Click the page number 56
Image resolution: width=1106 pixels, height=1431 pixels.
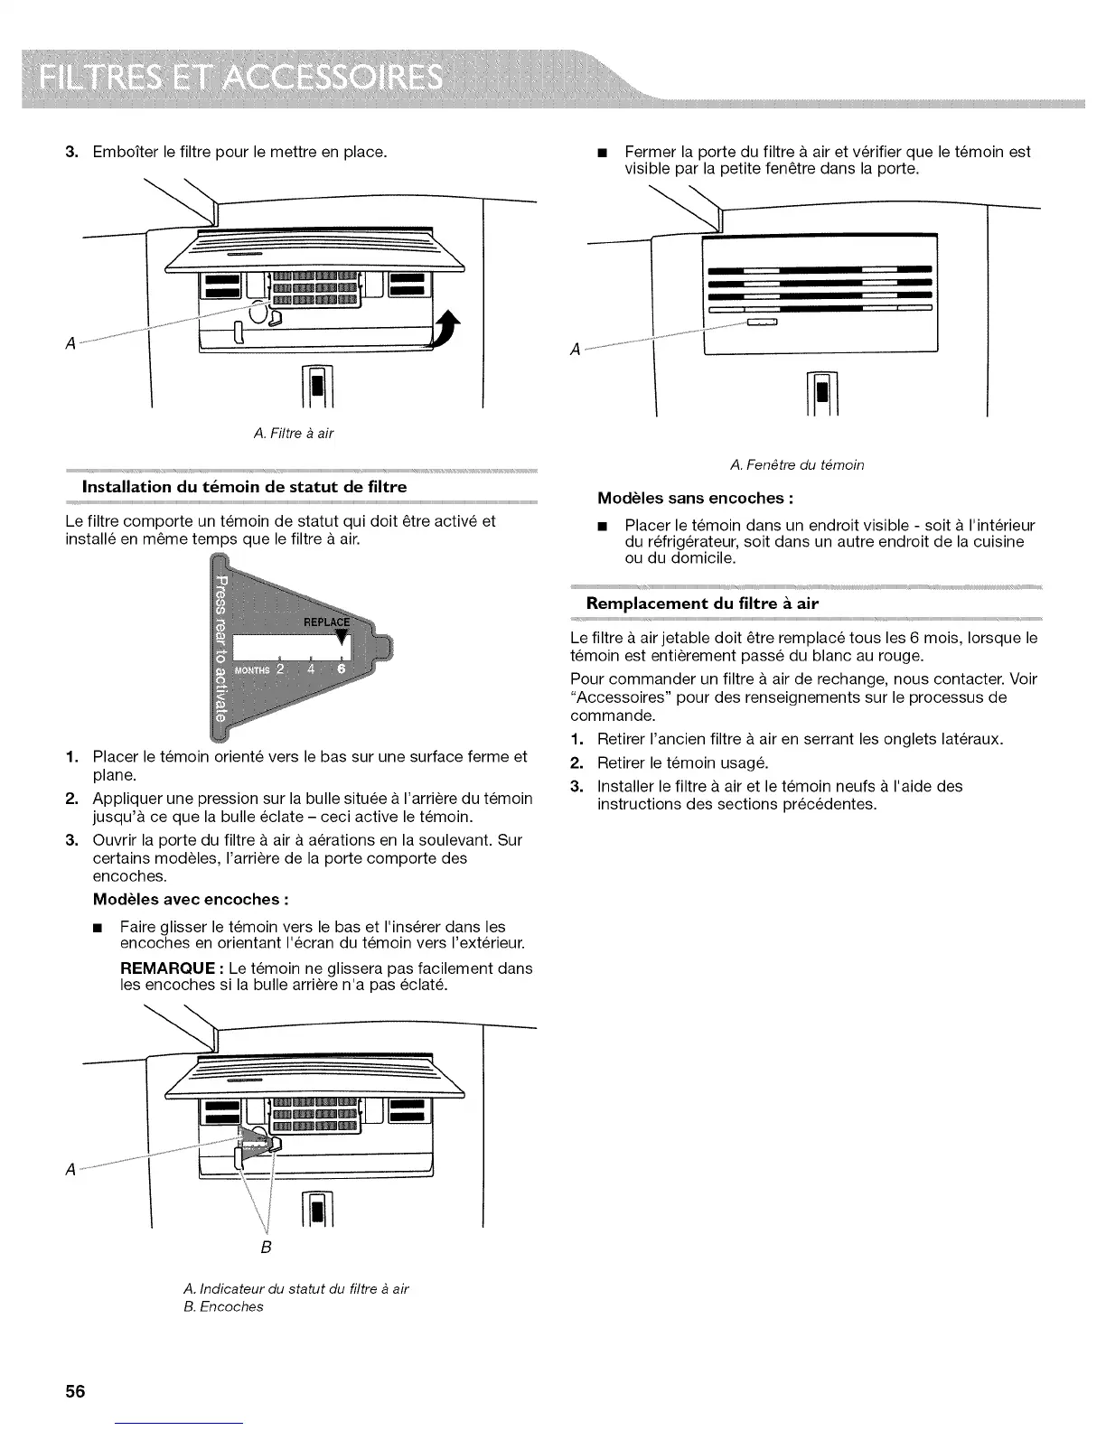tap(74, 1392)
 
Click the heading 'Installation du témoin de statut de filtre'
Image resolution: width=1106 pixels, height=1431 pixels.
tap(244, 486)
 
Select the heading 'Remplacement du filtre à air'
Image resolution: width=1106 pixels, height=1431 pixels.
tap(702, 603)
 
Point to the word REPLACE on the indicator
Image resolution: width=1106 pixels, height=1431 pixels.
tap(326, 622)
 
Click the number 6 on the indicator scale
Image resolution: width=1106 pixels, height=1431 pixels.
tap(341, 669)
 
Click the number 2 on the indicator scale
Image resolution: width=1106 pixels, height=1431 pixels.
tap(280, 669)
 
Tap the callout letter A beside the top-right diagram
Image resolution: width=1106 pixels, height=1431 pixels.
tap(575, 351)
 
